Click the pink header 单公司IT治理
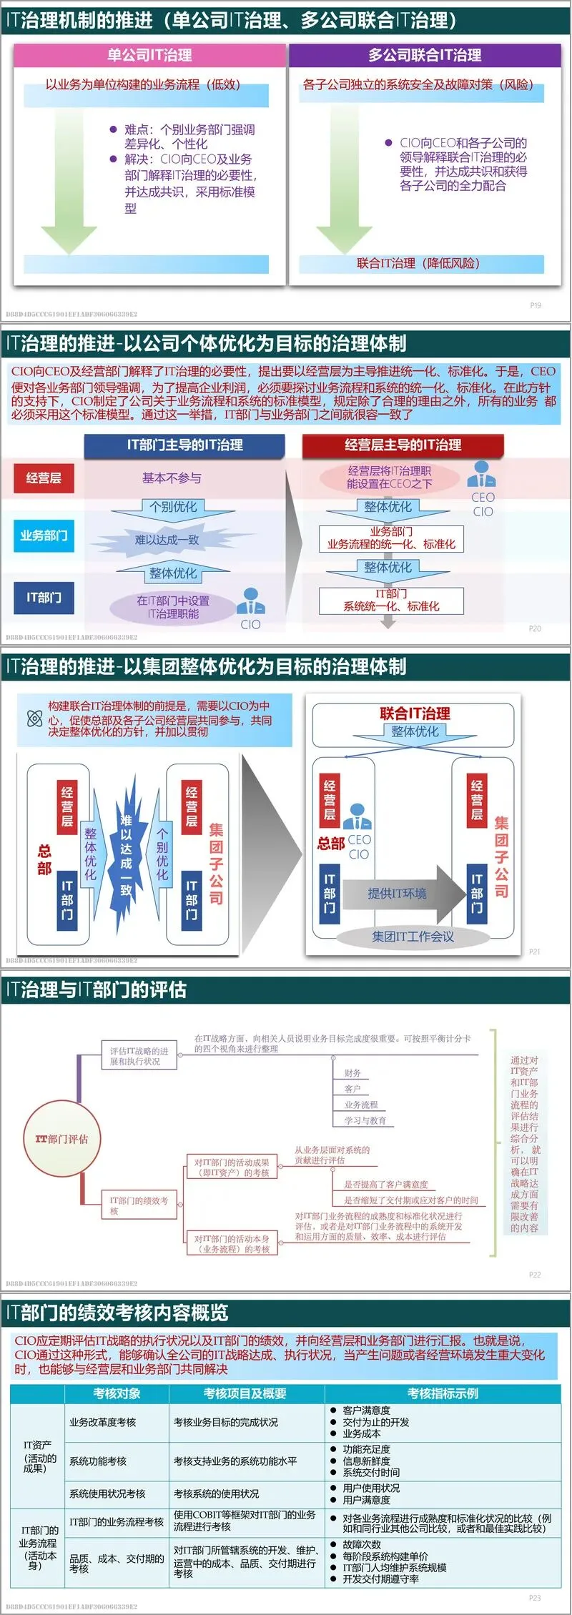pyautogui.click(x=149, y=55)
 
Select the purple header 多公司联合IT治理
pyautogui.click(x=425, y=55)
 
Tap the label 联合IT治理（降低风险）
pyautogui.click(x=418, y=263)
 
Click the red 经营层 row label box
pyautogui.click(x=44, y=478)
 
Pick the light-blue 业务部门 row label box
pyautogui.click(x=44, y=535)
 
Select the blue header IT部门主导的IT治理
pyautogui.click(x=184, y=445)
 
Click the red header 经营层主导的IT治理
pyautogui.click(x=403, y=445)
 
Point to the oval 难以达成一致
pyautogui.click(x=167, y=540)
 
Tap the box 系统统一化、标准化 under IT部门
pyautogui.click(x=391, y=601)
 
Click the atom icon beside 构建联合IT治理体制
pyautogui.click(x=34, y=718)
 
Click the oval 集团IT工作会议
pyautogui.click(x=413, y=937)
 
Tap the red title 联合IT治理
pyautogui.click(x=415, y=713)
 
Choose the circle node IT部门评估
pyautogui.click(x=61, y=1138)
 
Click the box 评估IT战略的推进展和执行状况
pyautogui.click(x=139, y=1056)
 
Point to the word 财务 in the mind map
pyautogui.click(x=352, y=1072)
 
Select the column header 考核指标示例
pyautogui.click(x=443, y=1393)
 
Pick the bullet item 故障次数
pyautogui.click(x=362, y=1544)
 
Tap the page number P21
pyautogui.click(x=534, y=952)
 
